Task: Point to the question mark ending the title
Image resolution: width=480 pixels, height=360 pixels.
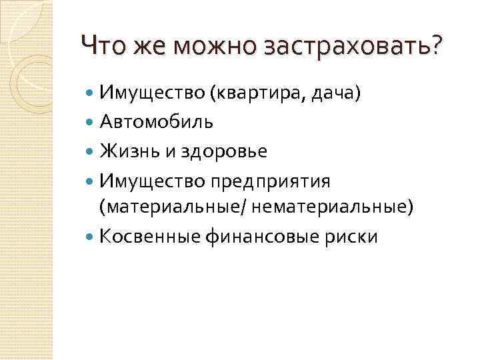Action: [x=436, y=45]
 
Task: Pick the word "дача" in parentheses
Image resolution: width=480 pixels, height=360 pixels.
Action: [x=335, y=93]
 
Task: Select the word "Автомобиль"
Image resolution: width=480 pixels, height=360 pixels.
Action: [x=157, y=122]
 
